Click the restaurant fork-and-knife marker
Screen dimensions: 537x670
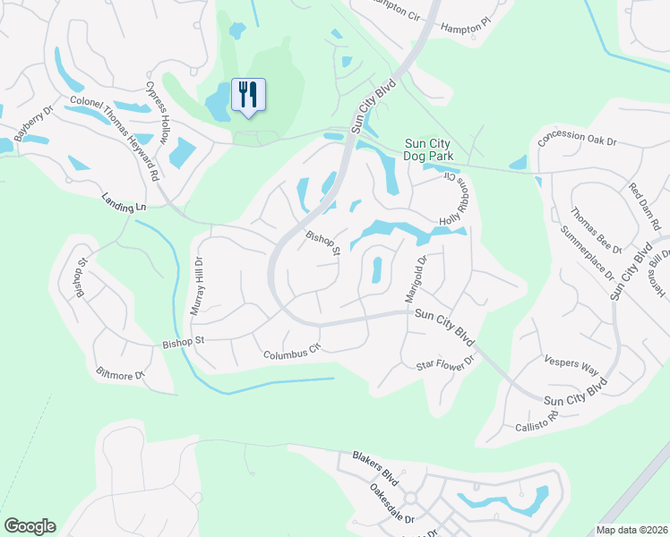click(x=249, y=94)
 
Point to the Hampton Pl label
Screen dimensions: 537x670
click(x=466, y=28)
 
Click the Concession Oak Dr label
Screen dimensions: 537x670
click(x=578, y=141)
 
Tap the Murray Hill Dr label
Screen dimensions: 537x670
click(x=197, y=286)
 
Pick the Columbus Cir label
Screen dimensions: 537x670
click(x=291, y=354)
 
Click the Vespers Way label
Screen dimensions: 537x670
click(x=571, y=365)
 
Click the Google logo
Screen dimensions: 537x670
click(x=30, y=526)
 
